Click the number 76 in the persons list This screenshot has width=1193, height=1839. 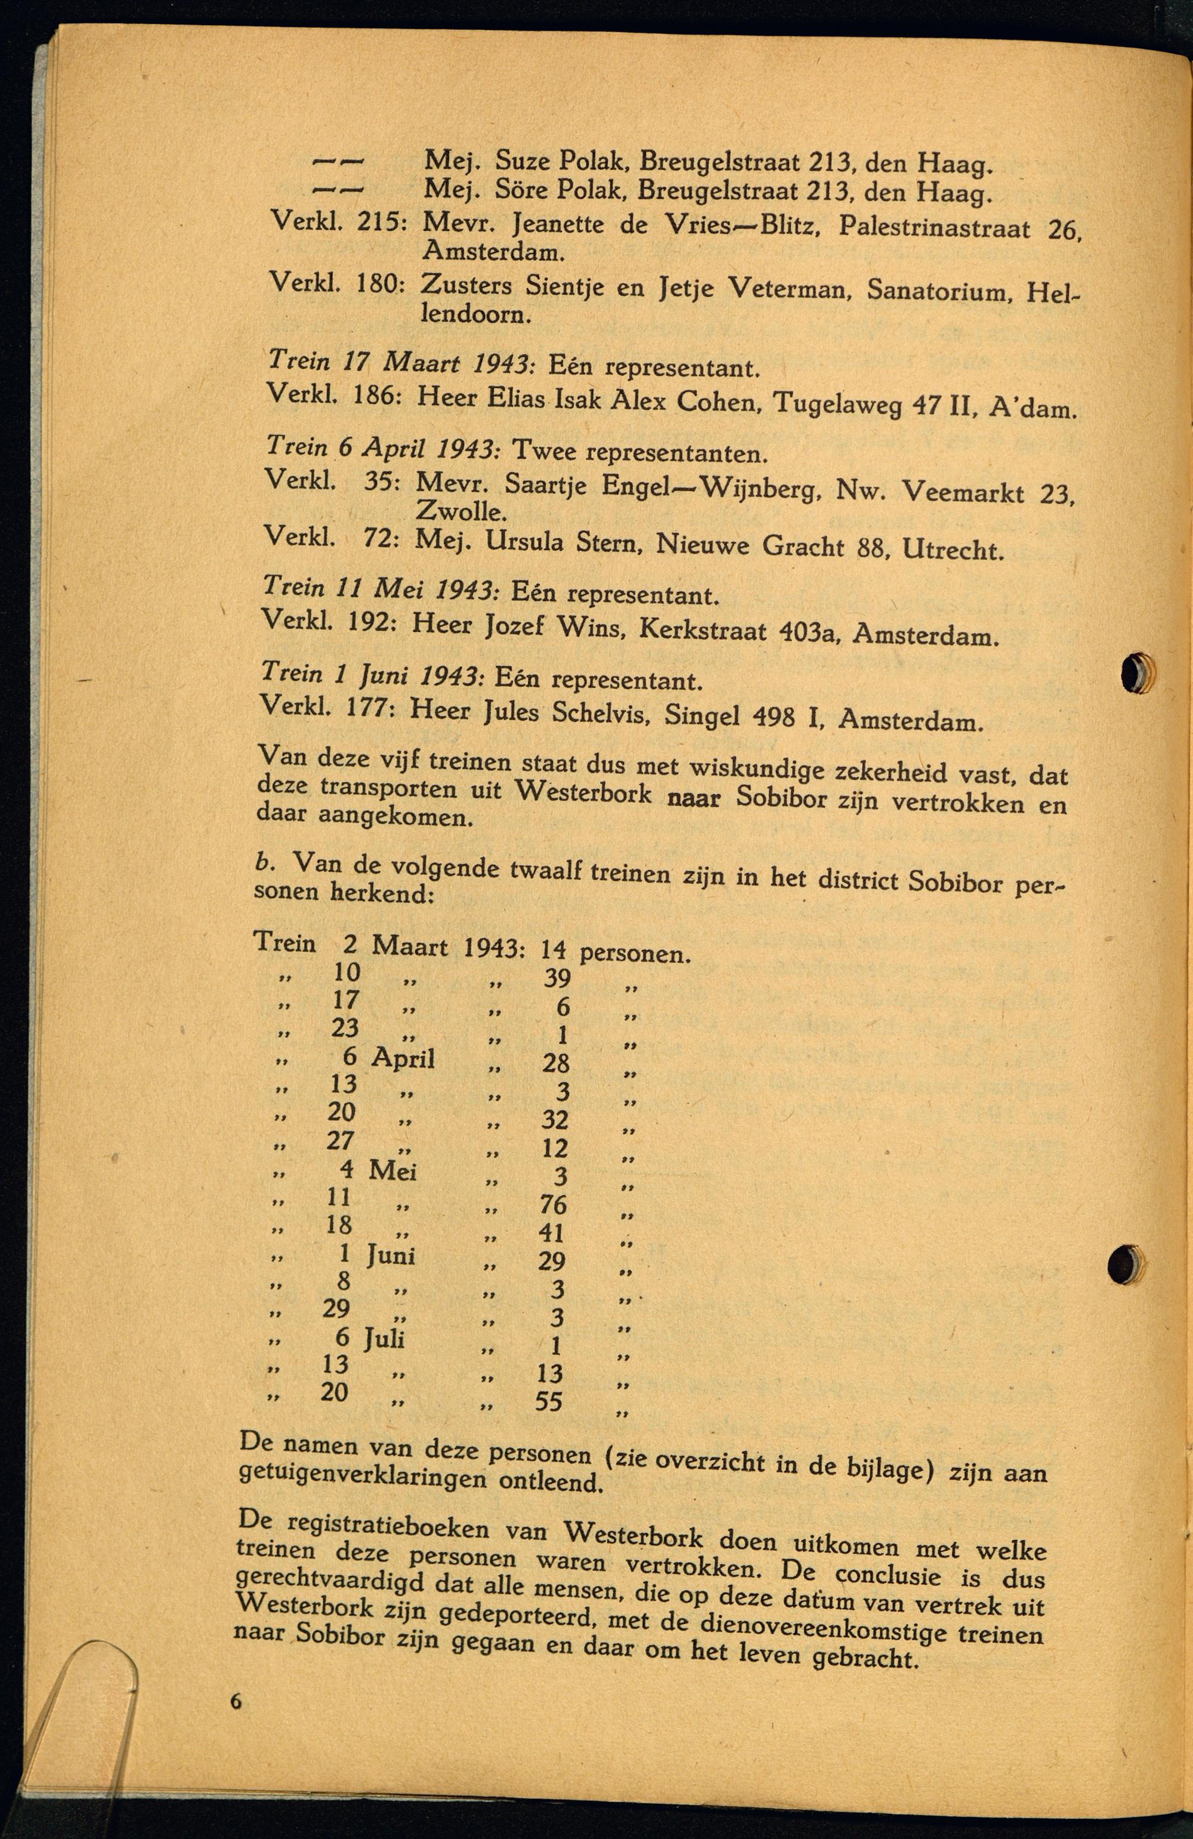553,1204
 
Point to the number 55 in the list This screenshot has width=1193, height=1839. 549,1401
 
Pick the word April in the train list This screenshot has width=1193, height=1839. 403,1058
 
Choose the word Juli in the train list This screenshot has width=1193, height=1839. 385,1338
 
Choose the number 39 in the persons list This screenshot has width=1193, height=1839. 557,978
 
